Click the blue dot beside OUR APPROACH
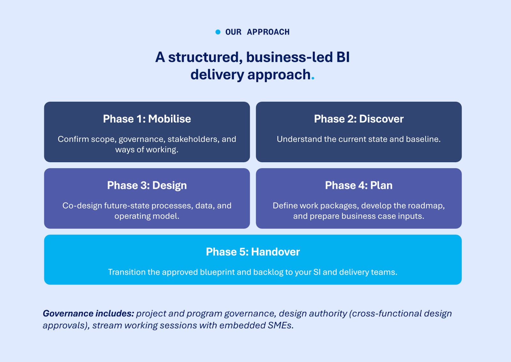click(x=218, y=32)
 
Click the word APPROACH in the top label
click(x=268, y=32)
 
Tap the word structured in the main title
click(x=203, y=57)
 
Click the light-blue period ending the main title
click(x=313, y=78)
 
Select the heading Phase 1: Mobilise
click(x=147, y=119)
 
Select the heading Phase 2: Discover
click(x=359, y=119)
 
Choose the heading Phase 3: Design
click(x=147, y=185)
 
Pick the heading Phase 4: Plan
click(x=359, y=185)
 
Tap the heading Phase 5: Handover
click(x=253, y=252)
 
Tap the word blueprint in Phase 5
click(x=217, y=272)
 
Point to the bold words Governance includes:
click(x=88, y=313)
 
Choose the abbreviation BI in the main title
click(x=343, y=57)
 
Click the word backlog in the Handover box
click(x=268, y=272)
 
